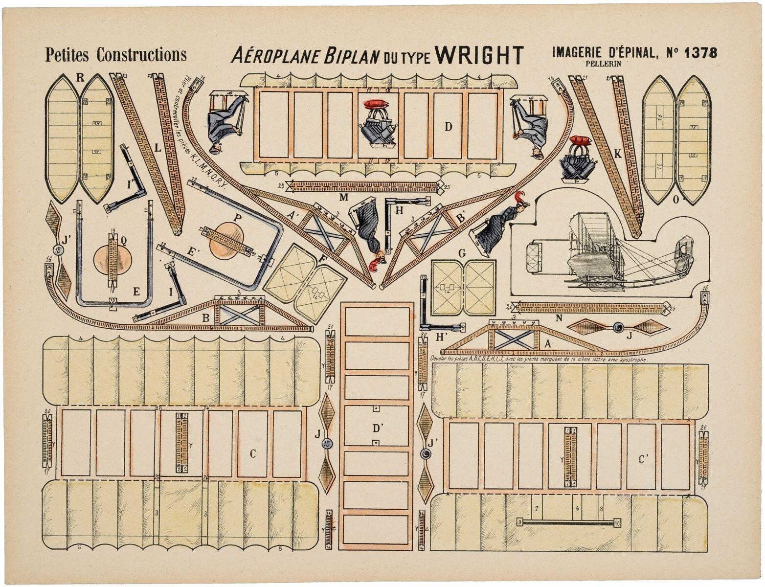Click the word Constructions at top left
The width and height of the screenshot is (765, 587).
point(141,55)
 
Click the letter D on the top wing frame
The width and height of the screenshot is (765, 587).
point(448,127)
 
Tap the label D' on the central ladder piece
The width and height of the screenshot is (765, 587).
point(377,429)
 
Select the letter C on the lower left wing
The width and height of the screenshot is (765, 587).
point(253,454)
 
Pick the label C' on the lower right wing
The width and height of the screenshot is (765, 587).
point(644,459)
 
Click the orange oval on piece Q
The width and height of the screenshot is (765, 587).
point(112,258)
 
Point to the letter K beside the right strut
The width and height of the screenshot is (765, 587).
point(618,154)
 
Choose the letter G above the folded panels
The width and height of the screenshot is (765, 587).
point(461,253)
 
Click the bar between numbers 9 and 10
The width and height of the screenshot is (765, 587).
point(568,522)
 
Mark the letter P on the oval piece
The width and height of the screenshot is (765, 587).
point(238,219)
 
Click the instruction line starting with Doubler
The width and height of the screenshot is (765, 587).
point(538,359)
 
